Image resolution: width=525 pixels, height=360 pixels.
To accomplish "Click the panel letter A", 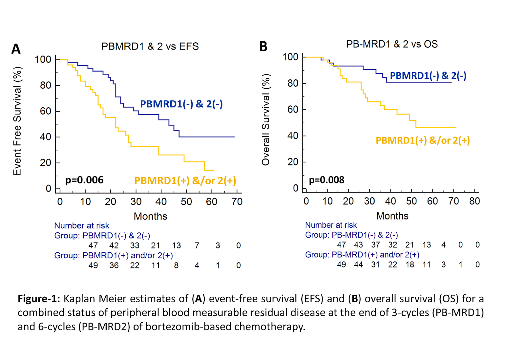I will click(x=16, y=49).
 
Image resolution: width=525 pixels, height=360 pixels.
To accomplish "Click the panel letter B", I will click(x=263, y=47).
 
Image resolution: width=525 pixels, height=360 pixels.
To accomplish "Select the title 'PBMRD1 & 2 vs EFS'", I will click(x=150, y=46).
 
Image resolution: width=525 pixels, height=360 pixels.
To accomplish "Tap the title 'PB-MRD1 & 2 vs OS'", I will click(x=392, y=44).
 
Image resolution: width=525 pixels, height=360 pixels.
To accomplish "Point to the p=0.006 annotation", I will click(x=84, y=180).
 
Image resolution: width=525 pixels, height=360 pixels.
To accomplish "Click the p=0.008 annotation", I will click(x=326, y=180).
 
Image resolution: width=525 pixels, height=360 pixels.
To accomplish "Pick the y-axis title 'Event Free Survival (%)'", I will click(x=17, y=121).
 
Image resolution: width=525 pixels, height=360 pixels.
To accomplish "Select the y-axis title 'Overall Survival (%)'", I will click(x=266, y=119).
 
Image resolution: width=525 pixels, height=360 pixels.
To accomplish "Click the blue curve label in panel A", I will click(x=181, y=104).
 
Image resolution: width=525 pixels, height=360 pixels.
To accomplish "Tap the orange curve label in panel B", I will click(x=423, y=140).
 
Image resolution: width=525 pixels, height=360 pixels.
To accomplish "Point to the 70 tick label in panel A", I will click(x=237, y=201).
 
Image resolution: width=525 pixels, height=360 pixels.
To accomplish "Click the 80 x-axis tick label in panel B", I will click(x=474, y=201).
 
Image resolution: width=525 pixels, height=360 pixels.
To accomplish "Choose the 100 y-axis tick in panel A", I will click(x=43, y=59).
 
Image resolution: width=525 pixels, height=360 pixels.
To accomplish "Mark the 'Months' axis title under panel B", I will click(x=392, y=216).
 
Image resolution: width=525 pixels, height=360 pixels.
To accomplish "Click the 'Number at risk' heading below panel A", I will click(x=82, y=225).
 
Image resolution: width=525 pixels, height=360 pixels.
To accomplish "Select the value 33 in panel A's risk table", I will click(x=135, y=245).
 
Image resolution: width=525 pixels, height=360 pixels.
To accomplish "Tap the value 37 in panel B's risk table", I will click(x=375, y=245).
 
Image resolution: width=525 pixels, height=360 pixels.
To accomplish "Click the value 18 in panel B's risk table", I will click(x=409, y=265).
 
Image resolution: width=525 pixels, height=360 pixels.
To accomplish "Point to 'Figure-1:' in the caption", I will click(x=39, y=299).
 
